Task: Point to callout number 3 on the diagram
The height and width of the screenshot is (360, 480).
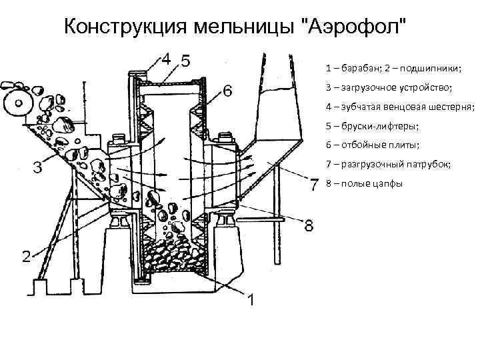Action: coord(38,167)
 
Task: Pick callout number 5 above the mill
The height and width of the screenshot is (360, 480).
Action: coord(184,61)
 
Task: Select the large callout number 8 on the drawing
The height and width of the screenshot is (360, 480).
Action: coord(309,226)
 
